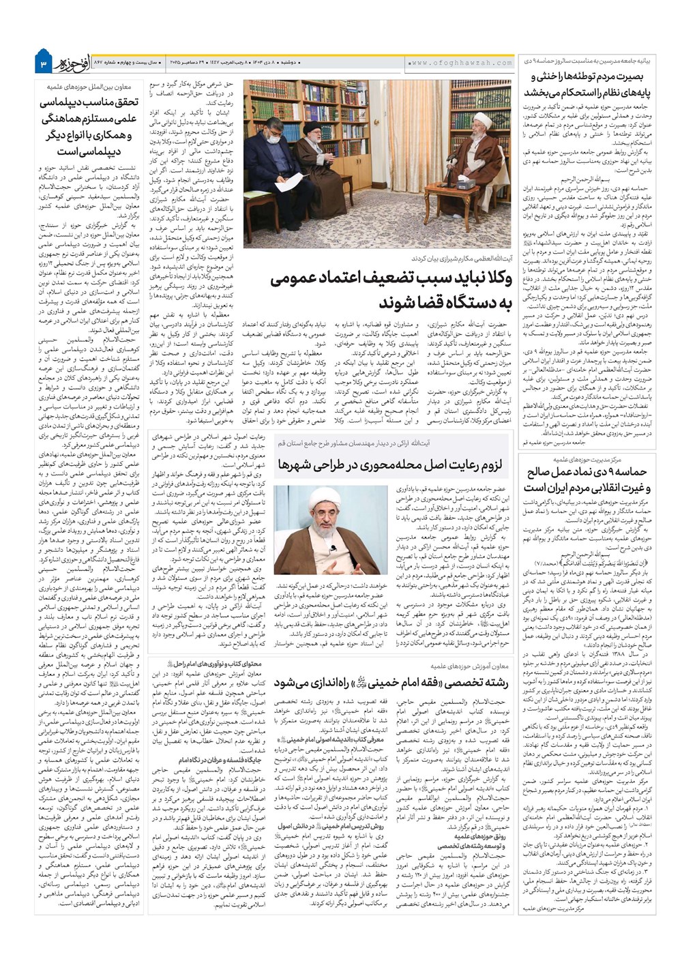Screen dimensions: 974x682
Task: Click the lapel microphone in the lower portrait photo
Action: point(331,548)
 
